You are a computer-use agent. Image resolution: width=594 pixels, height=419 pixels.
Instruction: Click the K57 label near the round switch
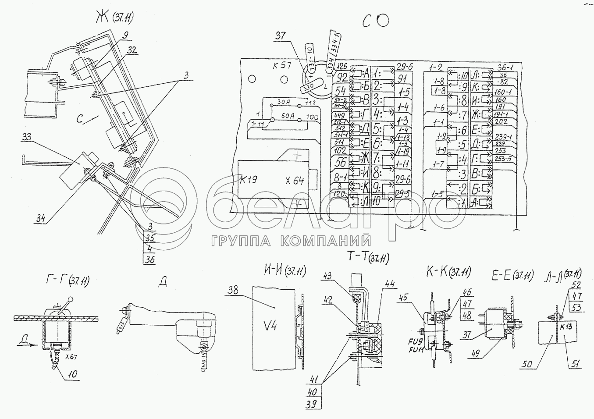281,66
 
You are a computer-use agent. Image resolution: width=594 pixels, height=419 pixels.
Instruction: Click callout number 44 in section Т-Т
389,284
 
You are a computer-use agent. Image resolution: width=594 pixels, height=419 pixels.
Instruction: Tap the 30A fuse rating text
285,102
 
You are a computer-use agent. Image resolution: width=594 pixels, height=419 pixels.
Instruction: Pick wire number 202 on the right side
501,121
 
